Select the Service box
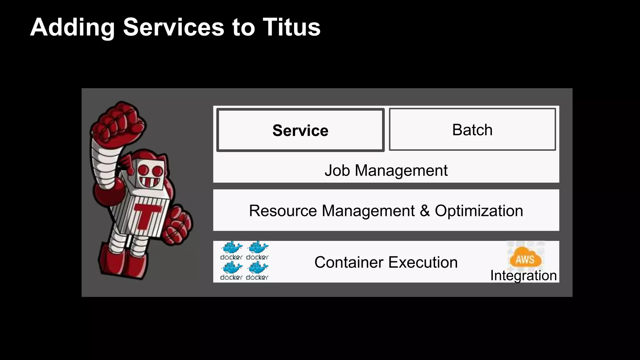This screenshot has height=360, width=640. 300,130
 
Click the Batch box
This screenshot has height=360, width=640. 472,129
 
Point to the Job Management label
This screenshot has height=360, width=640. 386,171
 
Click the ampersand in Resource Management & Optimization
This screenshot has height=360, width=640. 425,211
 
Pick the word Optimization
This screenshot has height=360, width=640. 479,211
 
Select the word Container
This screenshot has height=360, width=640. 348,262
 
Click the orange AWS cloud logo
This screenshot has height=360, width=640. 525,258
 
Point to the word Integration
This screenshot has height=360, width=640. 523,276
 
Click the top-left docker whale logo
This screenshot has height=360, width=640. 232,247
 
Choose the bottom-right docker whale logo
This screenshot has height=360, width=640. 257,268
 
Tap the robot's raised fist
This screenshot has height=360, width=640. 118,121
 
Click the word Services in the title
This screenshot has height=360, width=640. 173,27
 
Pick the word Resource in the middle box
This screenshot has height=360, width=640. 283,211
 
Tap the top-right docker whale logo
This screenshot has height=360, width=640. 257,247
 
